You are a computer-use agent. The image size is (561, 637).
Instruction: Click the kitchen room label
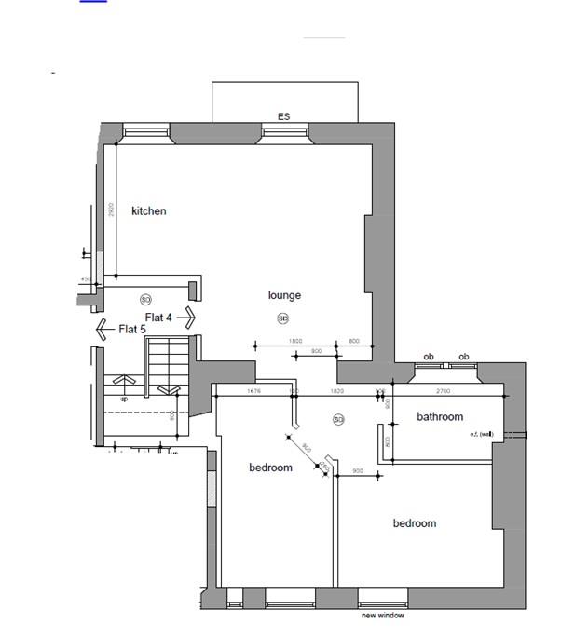click(x=149, y=211)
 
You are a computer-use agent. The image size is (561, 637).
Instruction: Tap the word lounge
click(x=284, y=295)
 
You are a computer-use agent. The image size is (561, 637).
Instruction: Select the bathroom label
click(x=440, y=416)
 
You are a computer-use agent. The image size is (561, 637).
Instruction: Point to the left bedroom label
click(x=270, y=468)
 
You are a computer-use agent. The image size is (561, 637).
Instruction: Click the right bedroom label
click(x=414, y=523)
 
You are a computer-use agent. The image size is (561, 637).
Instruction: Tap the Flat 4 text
click(x=158, y=318)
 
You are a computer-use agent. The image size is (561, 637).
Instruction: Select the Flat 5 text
click(x=131, y=330)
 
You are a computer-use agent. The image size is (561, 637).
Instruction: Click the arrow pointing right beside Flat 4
click(x=186, y=318)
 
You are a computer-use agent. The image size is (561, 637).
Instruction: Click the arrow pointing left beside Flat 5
click(x=103, y=329)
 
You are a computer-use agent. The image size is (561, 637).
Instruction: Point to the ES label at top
click(x=284, y=117)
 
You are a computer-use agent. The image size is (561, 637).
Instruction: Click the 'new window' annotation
click(x=383, y=616)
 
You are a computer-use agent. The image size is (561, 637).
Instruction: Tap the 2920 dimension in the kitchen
click(x=111, y=210)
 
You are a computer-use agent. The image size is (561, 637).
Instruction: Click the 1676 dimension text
click(x=253, y=392)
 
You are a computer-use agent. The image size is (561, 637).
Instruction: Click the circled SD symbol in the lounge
click(x=282, y=319)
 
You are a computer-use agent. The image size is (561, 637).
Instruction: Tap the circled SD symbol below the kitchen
click(x=145, y=300)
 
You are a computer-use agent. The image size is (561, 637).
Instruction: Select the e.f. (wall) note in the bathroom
click(x=480, y=434)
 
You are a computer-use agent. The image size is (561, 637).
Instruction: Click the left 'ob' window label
click(x=429, y=357)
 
